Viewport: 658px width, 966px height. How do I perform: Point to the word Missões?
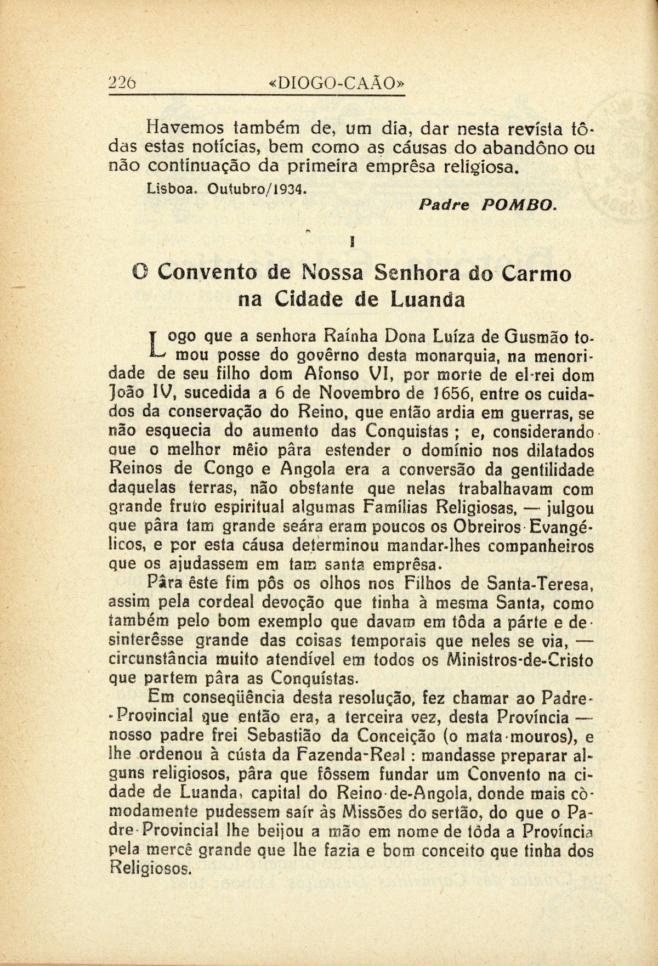[x=373, y=812]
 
